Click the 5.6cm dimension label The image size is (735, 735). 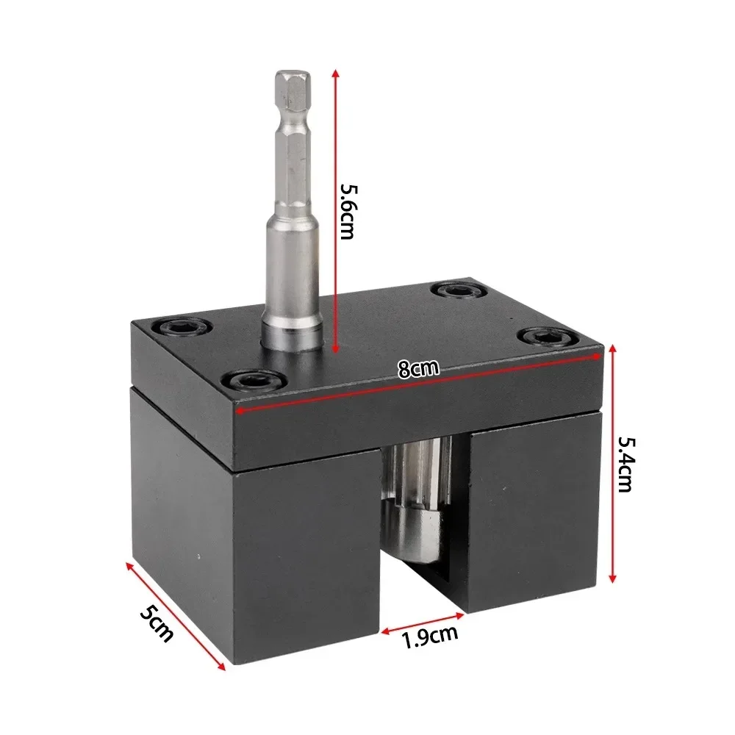348,211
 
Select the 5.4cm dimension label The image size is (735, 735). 625,465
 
